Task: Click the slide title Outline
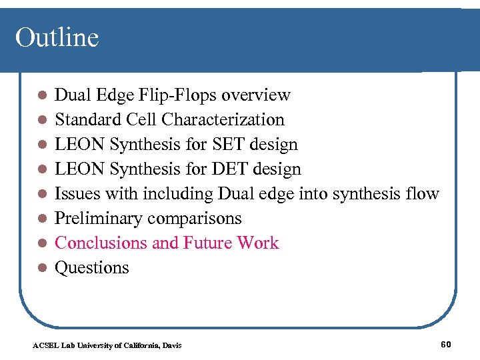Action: click(57, 37)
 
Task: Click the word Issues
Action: click(76, 194)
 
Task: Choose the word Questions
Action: click(91, 267)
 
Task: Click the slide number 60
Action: click(446, 344)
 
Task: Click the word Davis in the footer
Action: click(171, 345)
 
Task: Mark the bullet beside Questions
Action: click(41, 268)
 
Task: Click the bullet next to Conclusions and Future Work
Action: click(41, 243)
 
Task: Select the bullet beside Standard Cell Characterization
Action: click(41, 121)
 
